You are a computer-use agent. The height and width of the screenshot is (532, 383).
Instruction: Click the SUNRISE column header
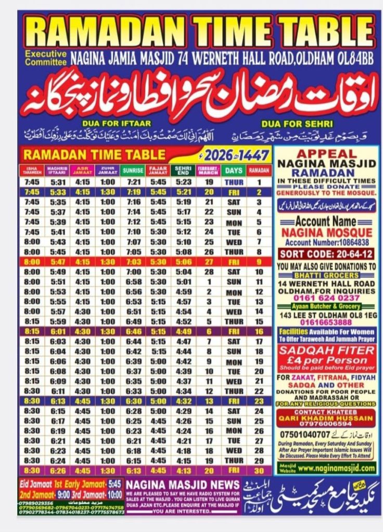(x=133, y=170)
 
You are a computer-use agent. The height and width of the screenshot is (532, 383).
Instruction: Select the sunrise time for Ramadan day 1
(x=133, y=183)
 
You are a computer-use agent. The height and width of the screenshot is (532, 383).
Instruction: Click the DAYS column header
(x=234, y=170)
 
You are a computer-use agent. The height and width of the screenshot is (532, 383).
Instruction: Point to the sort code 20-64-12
(x=326, y=254)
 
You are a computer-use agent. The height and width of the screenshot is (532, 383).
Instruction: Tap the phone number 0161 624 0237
(x=326, y=298)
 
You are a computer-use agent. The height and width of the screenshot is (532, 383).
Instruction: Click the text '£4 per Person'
(x=326, y=360)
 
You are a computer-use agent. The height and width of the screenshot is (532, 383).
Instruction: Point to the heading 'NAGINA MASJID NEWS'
(x=183, y=484)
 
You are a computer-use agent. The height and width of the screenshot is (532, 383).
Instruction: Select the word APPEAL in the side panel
(x=326, y=154)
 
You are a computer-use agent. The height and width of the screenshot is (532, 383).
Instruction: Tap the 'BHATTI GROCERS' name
(x=326, y=275)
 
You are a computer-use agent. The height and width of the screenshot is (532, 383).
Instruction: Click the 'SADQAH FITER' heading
(x=326, y=350)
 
